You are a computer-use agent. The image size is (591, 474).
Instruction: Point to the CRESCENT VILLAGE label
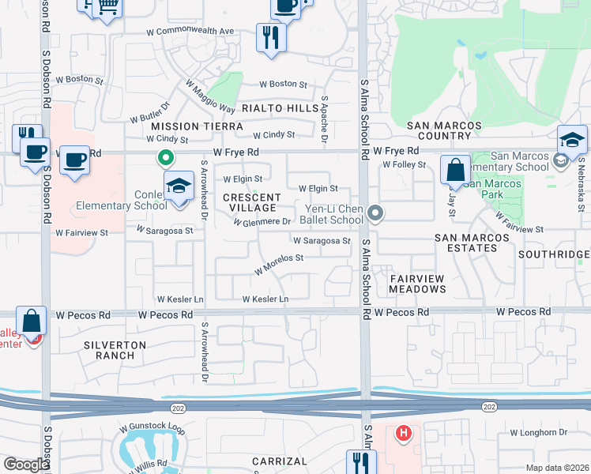[x=251, y=202]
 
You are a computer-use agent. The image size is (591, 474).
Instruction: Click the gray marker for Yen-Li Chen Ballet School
[x=375, y=213]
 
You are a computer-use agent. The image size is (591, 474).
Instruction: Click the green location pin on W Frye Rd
[x=165, y=158]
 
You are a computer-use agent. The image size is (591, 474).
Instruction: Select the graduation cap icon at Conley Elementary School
[x=179, y=187]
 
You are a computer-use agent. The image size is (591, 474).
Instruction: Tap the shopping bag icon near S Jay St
[x=455, y=169]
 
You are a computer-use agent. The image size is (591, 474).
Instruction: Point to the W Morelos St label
[x=278, y=264]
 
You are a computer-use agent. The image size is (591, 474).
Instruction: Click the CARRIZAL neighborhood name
[x=279, y=461]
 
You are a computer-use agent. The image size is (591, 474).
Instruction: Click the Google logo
[x=26, y=465]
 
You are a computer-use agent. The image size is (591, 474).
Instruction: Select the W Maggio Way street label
[x=210, y=96]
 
